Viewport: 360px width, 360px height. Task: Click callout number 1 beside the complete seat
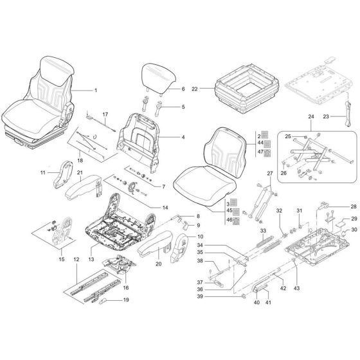click(96, 91)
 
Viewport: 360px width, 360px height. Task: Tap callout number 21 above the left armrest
click(80, 173)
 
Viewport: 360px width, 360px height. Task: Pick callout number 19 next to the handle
click(125, 300)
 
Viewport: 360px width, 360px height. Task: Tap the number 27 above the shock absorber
click(270, 174)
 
